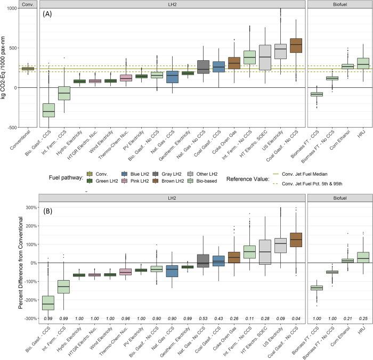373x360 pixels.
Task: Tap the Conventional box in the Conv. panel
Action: tap(28, 68)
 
